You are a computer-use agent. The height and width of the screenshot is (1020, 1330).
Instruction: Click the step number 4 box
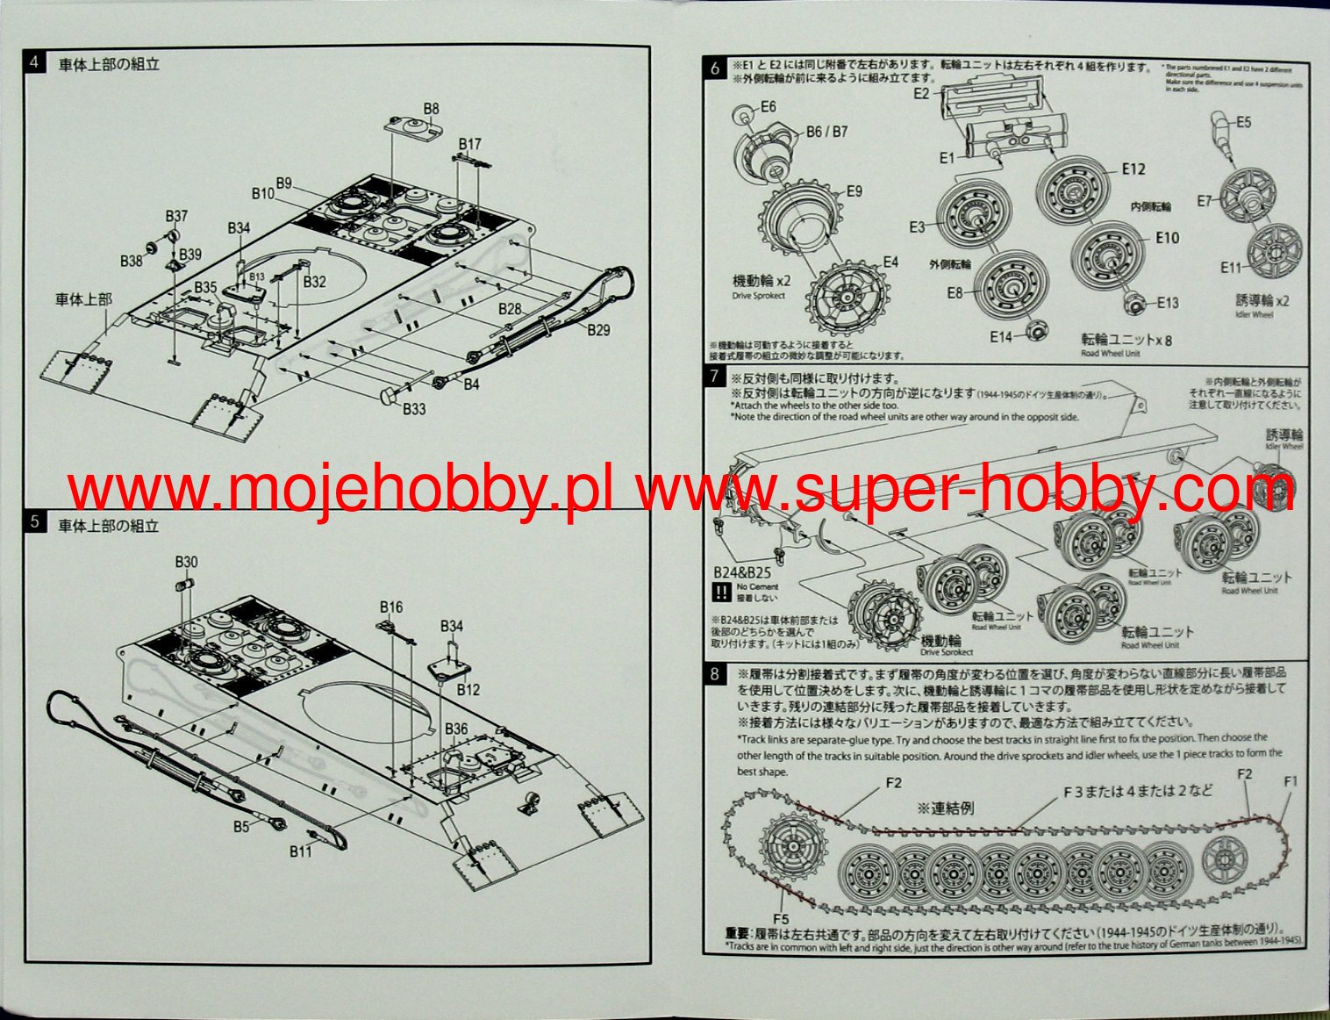tap(35, 62)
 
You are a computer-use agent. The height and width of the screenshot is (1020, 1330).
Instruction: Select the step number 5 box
tap(35, 522)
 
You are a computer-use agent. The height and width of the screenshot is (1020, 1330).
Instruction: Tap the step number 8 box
tap(715, 674)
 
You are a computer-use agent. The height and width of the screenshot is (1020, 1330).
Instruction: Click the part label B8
tap(431, 109)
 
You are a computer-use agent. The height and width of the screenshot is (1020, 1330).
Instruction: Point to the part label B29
tap(598, 330)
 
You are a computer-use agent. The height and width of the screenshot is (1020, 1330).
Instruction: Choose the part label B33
tap(414, 409)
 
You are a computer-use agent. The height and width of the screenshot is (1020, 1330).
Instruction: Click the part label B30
tap(186, 562)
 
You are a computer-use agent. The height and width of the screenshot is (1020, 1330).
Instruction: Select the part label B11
tap(301, 851)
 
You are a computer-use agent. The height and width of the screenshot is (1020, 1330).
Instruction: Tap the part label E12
tap(1133, 169)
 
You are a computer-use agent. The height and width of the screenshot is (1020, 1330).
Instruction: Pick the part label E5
tap(1243, 123)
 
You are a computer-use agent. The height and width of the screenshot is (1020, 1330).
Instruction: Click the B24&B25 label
tap(741, 572)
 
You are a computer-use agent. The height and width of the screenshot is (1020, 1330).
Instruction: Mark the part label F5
tap(782, 920)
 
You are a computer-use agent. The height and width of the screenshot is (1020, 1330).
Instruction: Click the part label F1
tap(1291, 781)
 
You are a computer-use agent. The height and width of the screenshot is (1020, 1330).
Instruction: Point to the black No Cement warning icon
tap(721, 593)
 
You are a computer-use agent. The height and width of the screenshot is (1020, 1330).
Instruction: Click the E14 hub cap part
tap(1036, 332)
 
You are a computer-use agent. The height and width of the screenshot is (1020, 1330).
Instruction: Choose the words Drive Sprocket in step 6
tap(758, 296)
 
